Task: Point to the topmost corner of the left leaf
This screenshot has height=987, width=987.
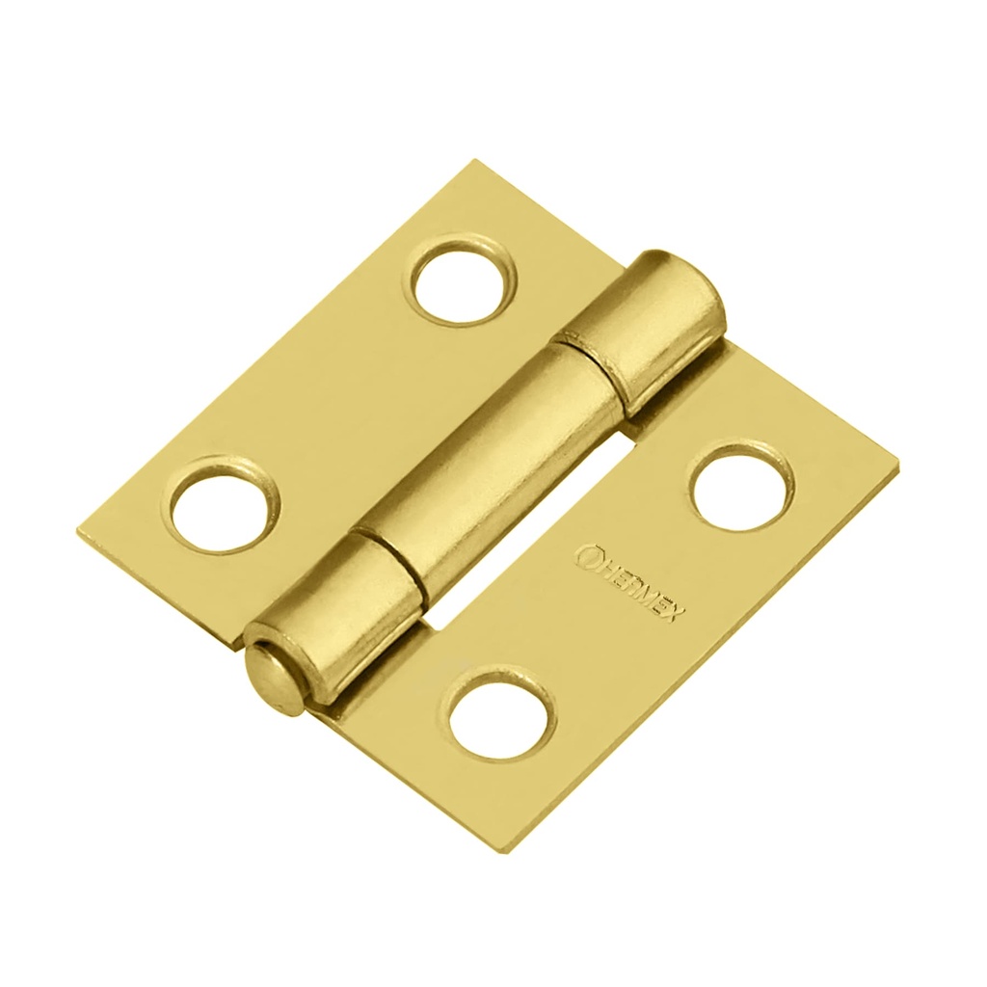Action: point(474,162)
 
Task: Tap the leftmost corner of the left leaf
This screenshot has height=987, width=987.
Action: point(77,530)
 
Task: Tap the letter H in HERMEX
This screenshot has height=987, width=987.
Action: point(605,567)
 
